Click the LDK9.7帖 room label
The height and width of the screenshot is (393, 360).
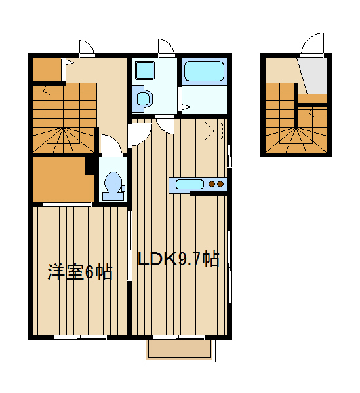(x=178, y=259)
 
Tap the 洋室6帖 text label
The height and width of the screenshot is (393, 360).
(x=80, y=271)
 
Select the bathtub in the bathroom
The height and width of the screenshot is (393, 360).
(x=204, y=71)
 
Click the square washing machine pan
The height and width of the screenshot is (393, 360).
(x=144, y=70)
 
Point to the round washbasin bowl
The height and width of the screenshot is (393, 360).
(x=143, y=98)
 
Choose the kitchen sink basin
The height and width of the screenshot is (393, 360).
(x=190, y=184)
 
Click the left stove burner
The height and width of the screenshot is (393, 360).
(x=212, y=184)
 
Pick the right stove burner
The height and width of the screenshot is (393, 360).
(x=220, y=184)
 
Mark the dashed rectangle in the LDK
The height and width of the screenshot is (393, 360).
(x=214, y=130)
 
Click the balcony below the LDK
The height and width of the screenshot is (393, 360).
(x=180, y=350)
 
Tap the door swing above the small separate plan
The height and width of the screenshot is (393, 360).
(x=312, y=43)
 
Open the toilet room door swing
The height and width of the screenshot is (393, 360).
(x=111, y=143)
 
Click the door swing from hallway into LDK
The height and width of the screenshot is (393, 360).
(x=140, y=134)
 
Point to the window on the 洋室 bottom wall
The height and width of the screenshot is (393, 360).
(x=81, y=337)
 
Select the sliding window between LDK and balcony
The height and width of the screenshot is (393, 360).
(x=179, y=337)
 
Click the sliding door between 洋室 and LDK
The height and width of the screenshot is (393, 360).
(x=129, y=246)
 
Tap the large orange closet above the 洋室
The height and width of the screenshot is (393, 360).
(x=63, y=179)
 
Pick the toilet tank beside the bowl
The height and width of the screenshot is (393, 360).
(x=123, y=189)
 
